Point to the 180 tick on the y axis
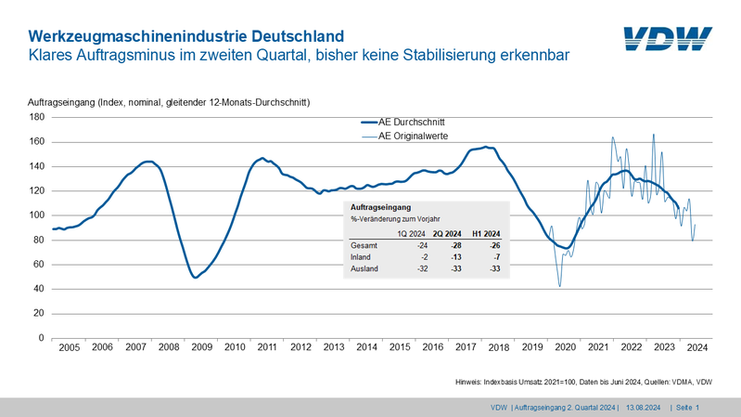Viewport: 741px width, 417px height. pyautogui.click(x=38, y=117)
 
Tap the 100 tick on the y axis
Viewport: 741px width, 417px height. pyautogui.click(x=38, y=215)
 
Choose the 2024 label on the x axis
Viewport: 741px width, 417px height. pyautogui.click(x=696, y=347)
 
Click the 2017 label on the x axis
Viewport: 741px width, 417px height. pyautogui.click(x=464, y=347)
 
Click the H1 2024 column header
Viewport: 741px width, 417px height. pyautogui.click(x=486, y=233)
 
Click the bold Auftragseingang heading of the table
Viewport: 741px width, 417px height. pyautogui.click(x=380, y=206)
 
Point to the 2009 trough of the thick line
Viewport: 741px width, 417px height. pyautogui.click(x=195, y=277)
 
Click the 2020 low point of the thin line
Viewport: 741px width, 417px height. pyautogui.click(x=560, y=286)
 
